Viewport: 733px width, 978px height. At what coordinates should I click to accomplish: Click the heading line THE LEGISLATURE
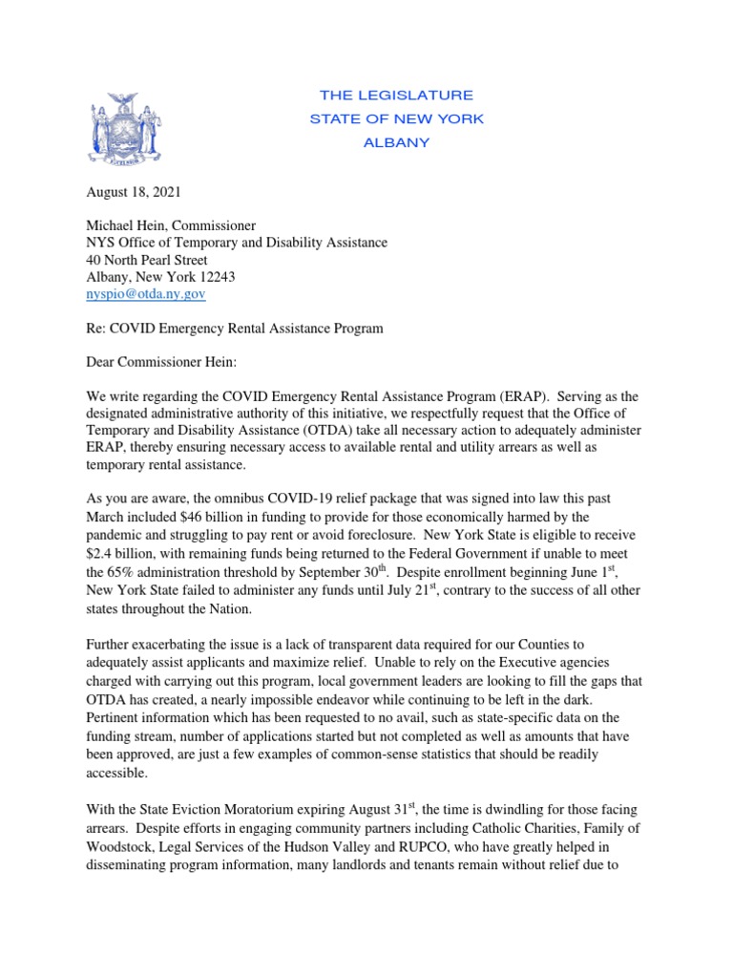(396, 96)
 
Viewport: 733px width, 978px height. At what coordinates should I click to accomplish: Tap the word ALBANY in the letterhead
(396, 143)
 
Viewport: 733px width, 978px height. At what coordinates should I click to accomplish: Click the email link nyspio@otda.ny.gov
(146, 295)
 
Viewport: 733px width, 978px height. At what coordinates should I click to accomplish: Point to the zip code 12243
(215, 277)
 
